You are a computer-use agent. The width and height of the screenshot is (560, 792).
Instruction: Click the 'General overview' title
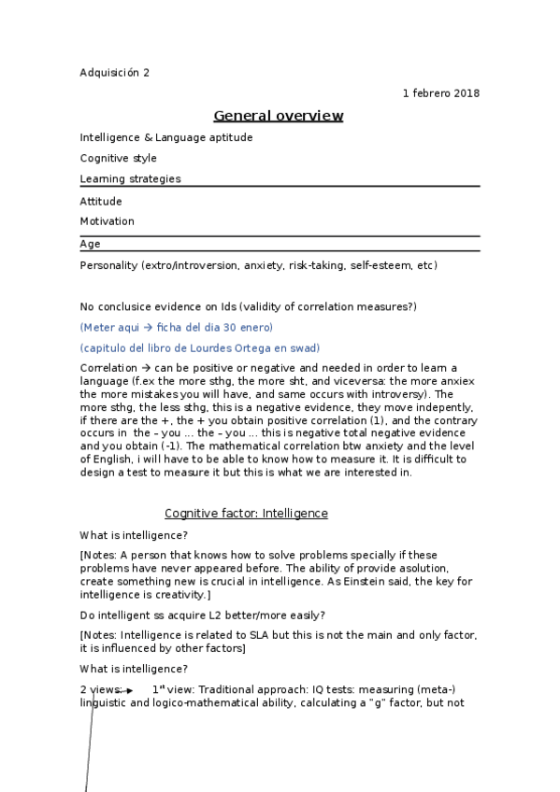(279, 116)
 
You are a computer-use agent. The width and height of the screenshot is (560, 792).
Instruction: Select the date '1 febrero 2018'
(441, 93)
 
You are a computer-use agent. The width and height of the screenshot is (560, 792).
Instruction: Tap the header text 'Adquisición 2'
(114, 73)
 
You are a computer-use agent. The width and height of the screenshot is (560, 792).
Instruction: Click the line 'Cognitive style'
(119, 158)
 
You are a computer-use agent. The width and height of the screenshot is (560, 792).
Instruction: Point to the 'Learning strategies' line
(131, 178)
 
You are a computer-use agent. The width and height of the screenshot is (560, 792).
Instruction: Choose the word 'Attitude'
(101, 201)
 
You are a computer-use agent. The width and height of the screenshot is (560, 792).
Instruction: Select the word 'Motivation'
(108, 221)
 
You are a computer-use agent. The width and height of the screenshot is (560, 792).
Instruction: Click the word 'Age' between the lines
(91, 244)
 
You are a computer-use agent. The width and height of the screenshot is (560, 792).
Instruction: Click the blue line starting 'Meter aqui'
(177, 327)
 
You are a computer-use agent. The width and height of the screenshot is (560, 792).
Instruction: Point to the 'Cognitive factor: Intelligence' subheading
(246, 514)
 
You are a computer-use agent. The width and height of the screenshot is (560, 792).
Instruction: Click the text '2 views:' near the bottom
(100, 688)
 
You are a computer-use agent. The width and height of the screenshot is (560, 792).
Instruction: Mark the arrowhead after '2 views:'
(129, 690)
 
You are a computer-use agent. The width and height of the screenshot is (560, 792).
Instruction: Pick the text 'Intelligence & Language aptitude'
(166, 137)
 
